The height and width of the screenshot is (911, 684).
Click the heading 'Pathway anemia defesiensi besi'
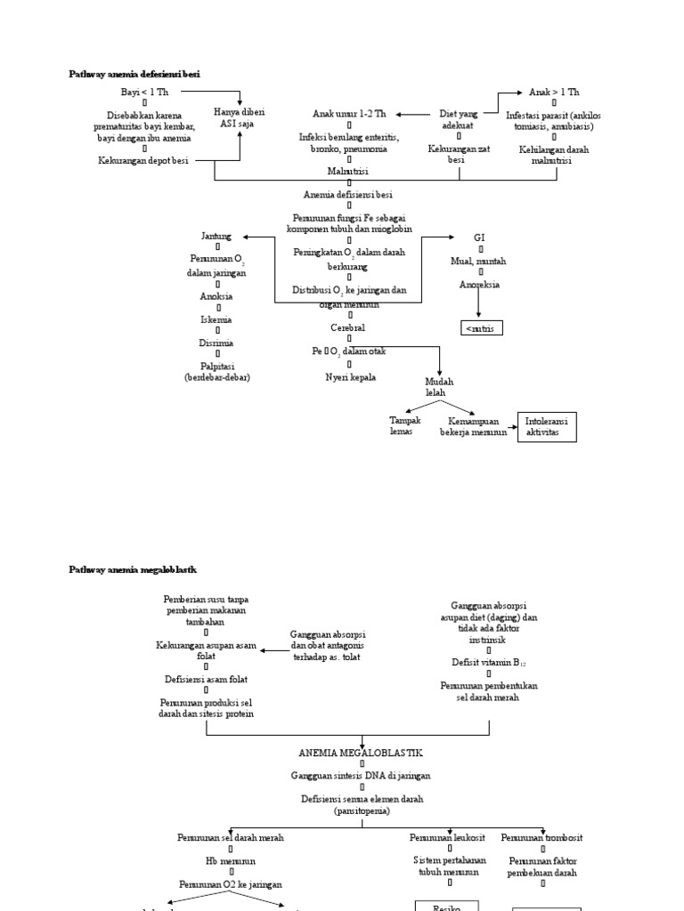click(x=134, y=75)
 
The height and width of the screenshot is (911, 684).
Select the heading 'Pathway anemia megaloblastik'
click(x=133, y=569)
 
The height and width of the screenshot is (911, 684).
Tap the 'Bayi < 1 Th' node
click(x=144, y=93)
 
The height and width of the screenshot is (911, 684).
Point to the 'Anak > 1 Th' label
click(x=554, y=92)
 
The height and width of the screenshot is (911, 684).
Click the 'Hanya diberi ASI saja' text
click(x=240, y=118)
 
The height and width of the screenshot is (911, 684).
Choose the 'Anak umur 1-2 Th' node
click(x=349, y=115)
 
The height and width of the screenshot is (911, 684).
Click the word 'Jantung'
click(x=216, y=237)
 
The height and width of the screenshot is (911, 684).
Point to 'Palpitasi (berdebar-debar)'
click(x=216, y=371)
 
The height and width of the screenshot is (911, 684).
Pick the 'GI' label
click(x=479, y=238)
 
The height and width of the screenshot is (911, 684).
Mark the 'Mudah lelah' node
click(x=436, y=387)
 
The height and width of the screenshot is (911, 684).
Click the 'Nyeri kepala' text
click(x=350, y=376)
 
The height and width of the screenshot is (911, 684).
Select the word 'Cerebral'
click(x=348, y=328)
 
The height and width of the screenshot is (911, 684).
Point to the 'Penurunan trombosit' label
click(x=541, y=838)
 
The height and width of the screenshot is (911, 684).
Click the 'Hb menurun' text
click(x=231, y=861)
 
